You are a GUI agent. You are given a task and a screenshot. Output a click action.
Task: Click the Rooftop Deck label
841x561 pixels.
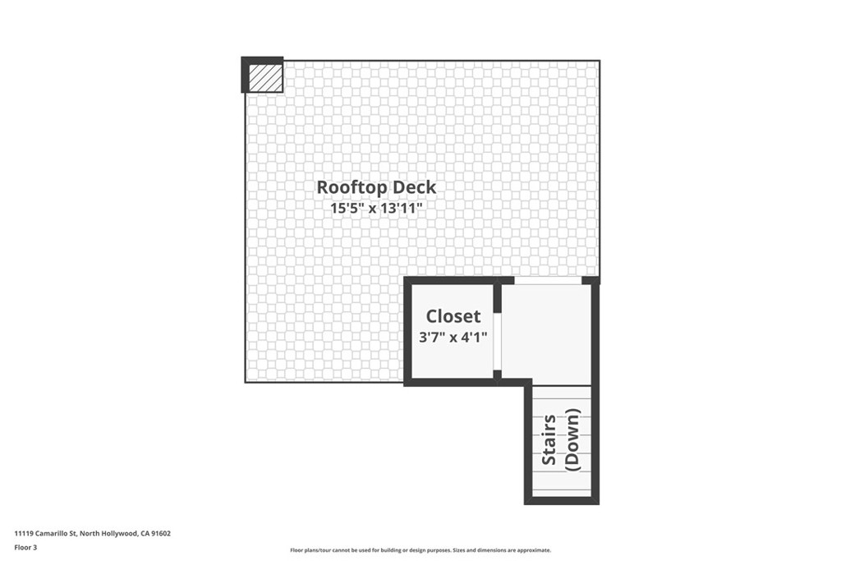tap(376, 187)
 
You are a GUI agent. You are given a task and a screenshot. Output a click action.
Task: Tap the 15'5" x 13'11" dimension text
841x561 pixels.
tap(376, 209)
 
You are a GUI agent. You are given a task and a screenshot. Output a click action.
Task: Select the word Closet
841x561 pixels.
tap(453, 316)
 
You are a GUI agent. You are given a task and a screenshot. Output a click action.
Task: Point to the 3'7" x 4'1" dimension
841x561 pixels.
tap(453, 336)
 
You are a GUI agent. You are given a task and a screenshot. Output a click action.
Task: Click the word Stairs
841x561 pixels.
tap(549, 440)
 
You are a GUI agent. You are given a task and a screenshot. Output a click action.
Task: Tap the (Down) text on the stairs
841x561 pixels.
tap(572, 440)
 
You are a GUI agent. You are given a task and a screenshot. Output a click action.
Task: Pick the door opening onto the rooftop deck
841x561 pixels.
tap(547, 281)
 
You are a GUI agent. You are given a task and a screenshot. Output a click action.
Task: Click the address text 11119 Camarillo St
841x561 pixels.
tap(45, 533)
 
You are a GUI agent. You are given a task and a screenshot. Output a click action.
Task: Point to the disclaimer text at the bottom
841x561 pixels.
tap(420, 550)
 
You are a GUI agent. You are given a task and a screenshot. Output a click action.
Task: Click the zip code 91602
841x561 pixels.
tap(162, 533)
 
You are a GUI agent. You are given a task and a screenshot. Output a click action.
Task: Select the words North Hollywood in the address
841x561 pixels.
tap(107, 533)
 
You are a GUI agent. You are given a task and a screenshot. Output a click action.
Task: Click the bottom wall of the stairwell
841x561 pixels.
tap(562, 499)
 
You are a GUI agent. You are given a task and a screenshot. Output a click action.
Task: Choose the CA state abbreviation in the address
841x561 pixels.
tap(145, 533)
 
